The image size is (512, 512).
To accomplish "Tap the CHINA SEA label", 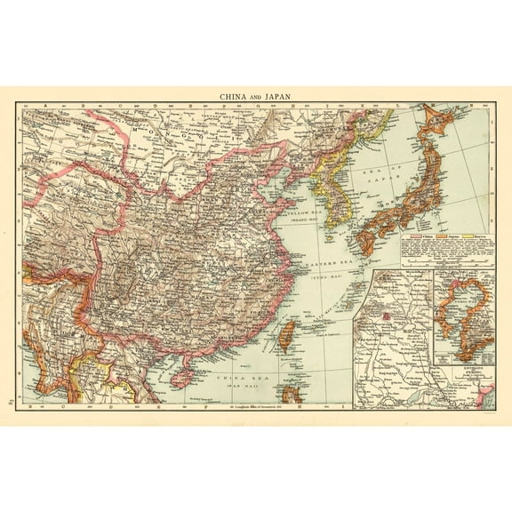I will (x=234, y=377).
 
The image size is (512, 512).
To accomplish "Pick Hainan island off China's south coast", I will (x=182, y=377).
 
